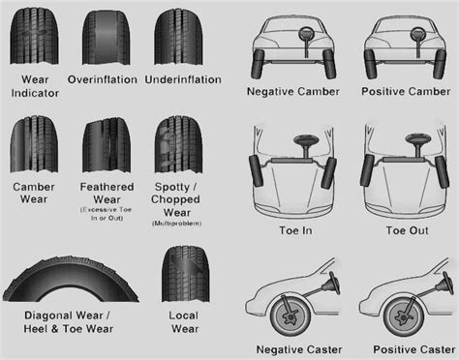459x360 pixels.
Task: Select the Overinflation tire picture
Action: (x=103, y=33)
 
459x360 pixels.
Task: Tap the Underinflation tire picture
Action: (x=178, y=33)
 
